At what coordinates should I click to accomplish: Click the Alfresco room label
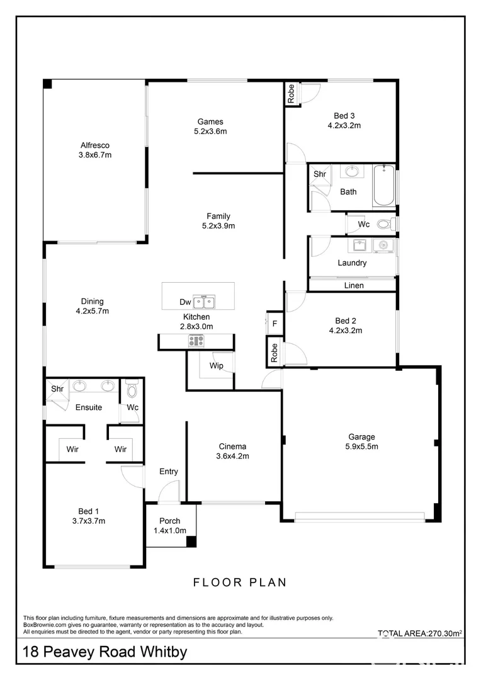[94, 145]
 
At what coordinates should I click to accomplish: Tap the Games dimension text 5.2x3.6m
[210, 132]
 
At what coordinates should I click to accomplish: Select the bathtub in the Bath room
[383, 186]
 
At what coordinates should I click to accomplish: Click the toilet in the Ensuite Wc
[132, 391]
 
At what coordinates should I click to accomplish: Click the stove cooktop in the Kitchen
[196, 341]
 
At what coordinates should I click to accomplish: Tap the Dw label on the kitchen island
[185, 303]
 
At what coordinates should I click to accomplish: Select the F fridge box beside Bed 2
[274, 323]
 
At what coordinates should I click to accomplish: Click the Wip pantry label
[216, 365]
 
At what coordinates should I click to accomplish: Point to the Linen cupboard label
[353, 285]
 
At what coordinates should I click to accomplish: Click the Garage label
[361, 436]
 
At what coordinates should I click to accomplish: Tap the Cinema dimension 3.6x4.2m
[232, 456]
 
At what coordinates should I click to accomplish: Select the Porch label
[169, 521]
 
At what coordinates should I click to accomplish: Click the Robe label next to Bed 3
[291, 94]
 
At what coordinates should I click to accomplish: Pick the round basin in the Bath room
[353, 171]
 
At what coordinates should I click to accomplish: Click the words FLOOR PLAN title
[239, 582]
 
